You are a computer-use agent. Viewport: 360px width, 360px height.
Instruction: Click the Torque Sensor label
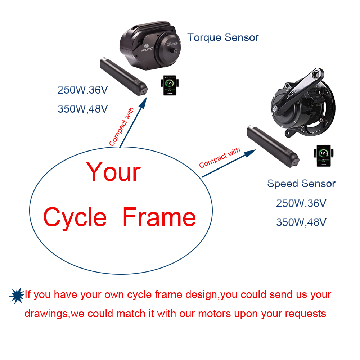pyautogui.click(x=223, y=38)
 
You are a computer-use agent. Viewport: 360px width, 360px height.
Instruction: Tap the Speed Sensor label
pyautogui.click(x=301, y=184)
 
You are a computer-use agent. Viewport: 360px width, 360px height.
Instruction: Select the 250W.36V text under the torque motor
pyautogui.click(x=83, y=90)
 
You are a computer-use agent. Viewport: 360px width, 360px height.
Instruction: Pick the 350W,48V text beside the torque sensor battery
pyautogui.click(x=83, y=109)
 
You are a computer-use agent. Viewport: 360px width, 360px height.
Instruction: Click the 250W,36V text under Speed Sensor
pyautogui.click(x=301, y=203)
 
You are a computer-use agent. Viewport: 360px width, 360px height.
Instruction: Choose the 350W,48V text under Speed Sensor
pyautogui.click(x=301, y=222)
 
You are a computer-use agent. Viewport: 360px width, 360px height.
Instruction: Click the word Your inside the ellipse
pyautogui.click(x=113, y=172)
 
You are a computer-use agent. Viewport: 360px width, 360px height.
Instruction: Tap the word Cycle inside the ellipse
pyautogui.click(x=75, y=217)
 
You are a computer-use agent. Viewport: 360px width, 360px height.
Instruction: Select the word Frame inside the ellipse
pyautogui.click(x=159, y=217)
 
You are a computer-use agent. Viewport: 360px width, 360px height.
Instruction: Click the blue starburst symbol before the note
pyautogui.click(x=17, y=296)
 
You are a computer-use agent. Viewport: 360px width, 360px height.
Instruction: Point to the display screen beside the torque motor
pyautogui.click(x=170, y=85)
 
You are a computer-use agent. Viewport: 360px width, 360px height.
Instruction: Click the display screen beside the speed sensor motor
pyautogui.click(x=324, y=156)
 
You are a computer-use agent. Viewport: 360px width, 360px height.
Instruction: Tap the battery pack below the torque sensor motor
pyautogui.click(x=124, y=77)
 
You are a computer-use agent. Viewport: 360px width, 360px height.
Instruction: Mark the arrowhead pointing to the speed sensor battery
pyautogui.click(x=250, y=153)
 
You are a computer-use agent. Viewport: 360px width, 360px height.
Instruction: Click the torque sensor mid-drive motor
pyautogui.click(x=150, y=45)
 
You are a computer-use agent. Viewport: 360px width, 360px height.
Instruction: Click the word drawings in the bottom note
pyautogui.click(x=46, y=314)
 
